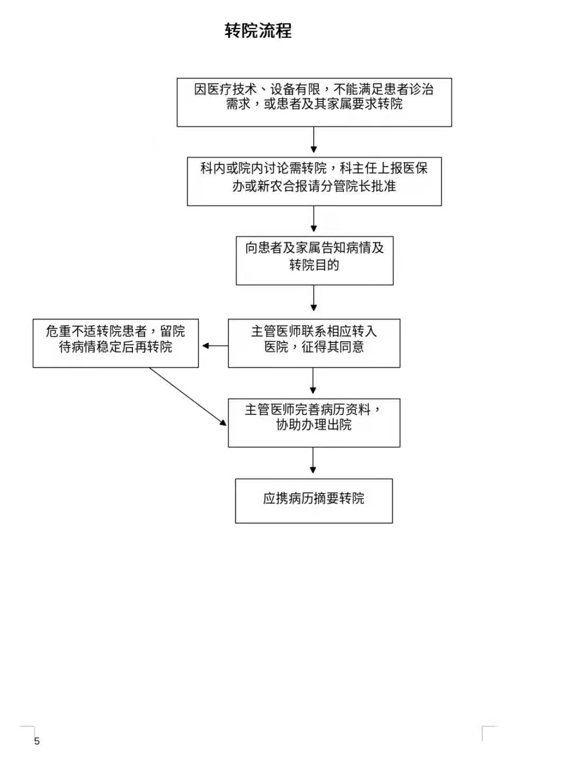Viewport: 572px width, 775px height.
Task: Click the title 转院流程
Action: (x=258, y=31)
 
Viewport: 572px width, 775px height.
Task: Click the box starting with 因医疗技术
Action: (x=314, y=102)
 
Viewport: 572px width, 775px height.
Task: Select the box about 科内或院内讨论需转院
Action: (x=314, y=181)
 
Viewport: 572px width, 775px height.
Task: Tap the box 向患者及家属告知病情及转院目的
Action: (x=314, y=260)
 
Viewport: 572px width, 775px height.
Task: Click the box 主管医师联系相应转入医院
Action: (x=314, y=343)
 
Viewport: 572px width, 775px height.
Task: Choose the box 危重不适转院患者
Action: (x=115, y=343)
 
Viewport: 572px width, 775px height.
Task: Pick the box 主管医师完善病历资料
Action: (x=314, y=422)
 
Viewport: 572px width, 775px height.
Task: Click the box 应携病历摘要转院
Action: (x=314, y=500)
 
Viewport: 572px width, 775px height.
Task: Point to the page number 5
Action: (x=37, y=741)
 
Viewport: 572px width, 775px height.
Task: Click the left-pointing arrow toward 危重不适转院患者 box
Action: (x=214, y=346)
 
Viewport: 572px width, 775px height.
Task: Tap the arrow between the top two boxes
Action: (x=314, y=141)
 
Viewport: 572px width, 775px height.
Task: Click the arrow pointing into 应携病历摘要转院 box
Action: (x=313, y=462)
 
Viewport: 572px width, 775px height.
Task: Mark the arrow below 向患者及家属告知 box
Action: (x=314, y=300)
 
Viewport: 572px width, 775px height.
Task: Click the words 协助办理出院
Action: (x=314, y=425)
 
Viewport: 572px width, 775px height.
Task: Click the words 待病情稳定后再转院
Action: (x=115, y=347)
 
